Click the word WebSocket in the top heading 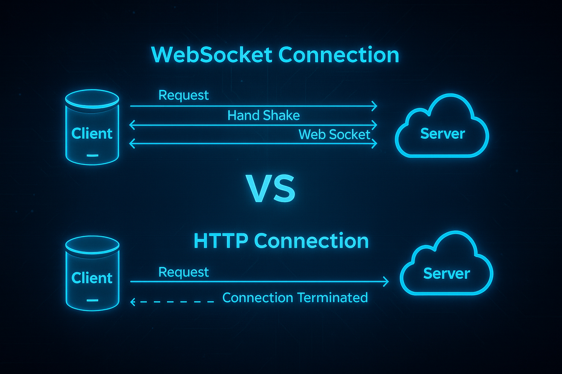[211, 55]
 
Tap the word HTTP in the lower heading [220, 241]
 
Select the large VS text [270, 189]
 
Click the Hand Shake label [263, 115]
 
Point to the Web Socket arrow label [334, 134]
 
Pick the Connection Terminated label [295, 298]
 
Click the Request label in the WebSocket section [183, 95]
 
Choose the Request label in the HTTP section [183, 272]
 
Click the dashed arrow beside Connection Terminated [172, 302]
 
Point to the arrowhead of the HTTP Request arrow [386, 282]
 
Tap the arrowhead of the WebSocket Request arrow [374, 106]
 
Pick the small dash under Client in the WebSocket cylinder [92, 156]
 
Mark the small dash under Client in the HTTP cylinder [92, 301]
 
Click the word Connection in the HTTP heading [311, 241]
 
